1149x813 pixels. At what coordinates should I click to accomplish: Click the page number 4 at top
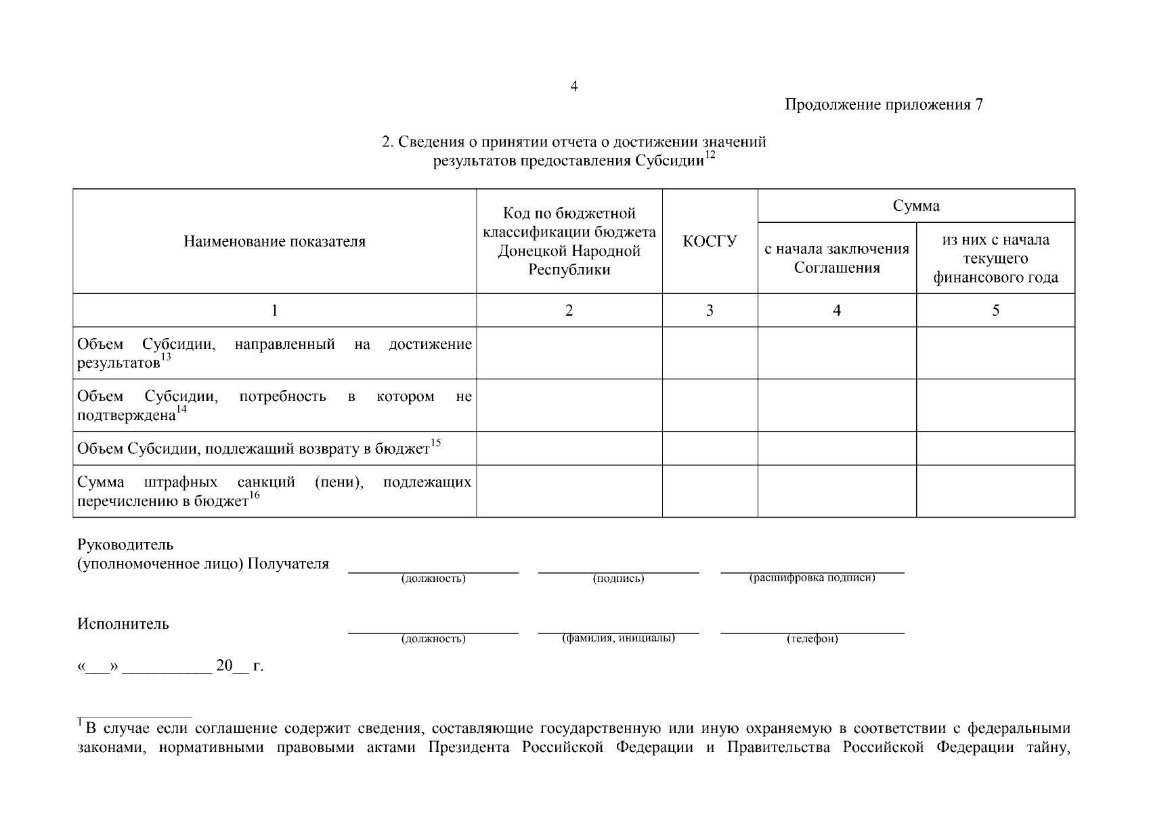point(573,86)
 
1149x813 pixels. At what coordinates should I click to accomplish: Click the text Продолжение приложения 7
point(884,104)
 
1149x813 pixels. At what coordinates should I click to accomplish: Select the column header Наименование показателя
point(274,242)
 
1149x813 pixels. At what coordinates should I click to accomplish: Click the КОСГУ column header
point(710,241)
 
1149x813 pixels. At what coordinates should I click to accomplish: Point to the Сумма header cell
point(915,206)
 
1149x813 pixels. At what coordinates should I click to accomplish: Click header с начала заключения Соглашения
point(837,258)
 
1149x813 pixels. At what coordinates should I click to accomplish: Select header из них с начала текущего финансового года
point(995,258)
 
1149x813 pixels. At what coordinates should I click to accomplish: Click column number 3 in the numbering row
point(710,310)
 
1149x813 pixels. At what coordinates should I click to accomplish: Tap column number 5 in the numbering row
point(995,310)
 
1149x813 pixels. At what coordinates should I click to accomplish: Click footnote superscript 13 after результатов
point(166,357)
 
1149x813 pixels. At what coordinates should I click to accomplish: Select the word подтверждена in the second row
point(126,415)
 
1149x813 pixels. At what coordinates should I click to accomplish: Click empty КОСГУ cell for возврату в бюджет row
point(710,449)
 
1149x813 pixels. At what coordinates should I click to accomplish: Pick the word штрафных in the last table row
point(181,482)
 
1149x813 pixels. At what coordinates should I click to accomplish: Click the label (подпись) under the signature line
point(618,579)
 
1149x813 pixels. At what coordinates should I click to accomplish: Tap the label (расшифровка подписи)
point(812,578)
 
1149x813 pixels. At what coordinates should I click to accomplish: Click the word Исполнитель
point(123,624)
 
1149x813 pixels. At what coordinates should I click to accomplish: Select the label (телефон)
point(812,639)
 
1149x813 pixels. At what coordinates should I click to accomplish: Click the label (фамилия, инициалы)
point(618,638)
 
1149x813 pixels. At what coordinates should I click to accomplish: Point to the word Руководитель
point(125,545)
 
